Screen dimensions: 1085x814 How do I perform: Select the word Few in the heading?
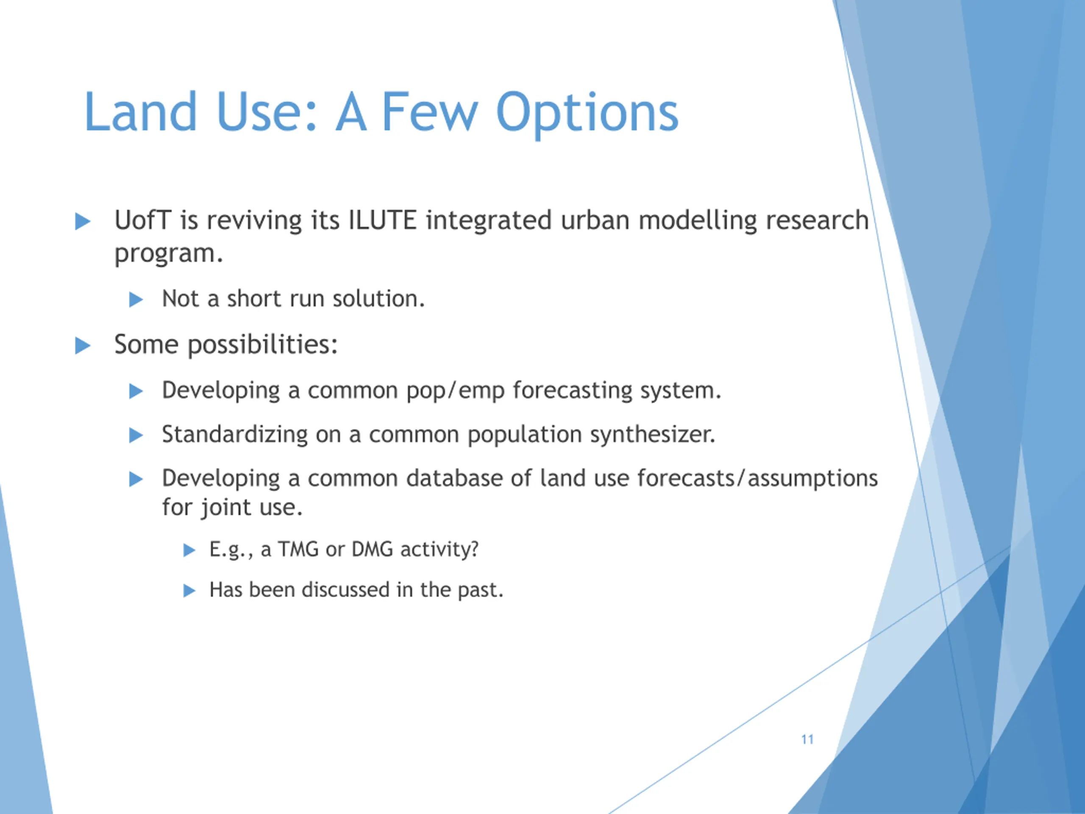pos(430,112)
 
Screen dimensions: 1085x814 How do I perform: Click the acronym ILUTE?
pos(383,220)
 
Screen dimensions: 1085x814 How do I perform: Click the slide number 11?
pos(807,739)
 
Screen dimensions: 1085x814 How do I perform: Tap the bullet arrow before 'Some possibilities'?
pos(82,346)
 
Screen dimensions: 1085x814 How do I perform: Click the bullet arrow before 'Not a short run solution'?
pos(136,299)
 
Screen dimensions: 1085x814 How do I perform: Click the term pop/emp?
pos(456,391)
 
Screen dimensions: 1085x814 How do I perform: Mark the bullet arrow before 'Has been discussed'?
pos(189,590)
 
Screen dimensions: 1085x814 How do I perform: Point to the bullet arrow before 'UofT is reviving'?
pos(82,221)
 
